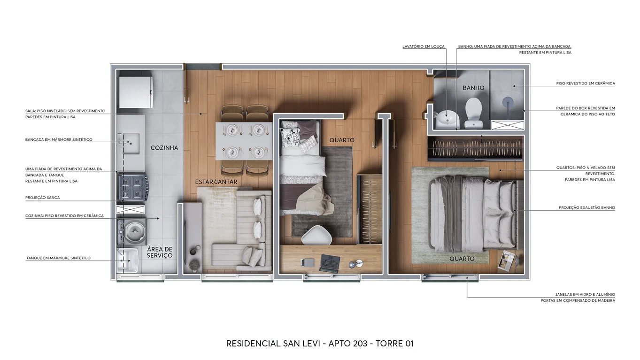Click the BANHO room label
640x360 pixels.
pyautogui.click(x=473, y=88)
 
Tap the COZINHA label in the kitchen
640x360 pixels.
pyautogui.click(x=164, y=148)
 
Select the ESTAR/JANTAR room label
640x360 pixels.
pyautogui.click(x=216, y=182)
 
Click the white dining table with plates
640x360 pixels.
pyautogui.click(x=243, y=141)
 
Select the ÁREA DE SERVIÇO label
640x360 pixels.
pyautogui.click(x=160, y=252)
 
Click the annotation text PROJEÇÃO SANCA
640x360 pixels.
pyautogui.click(x=43, y=198)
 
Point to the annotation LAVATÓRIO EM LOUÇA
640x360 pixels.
pyautogui.click(x=423, y=46)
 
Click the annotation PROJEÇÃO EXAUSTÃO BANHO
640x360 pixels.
pyautogui.click(x=586, y=207)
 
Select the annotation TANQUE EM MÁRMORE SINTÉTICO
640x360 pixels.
pyautogui.click(x=58, y=258)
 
